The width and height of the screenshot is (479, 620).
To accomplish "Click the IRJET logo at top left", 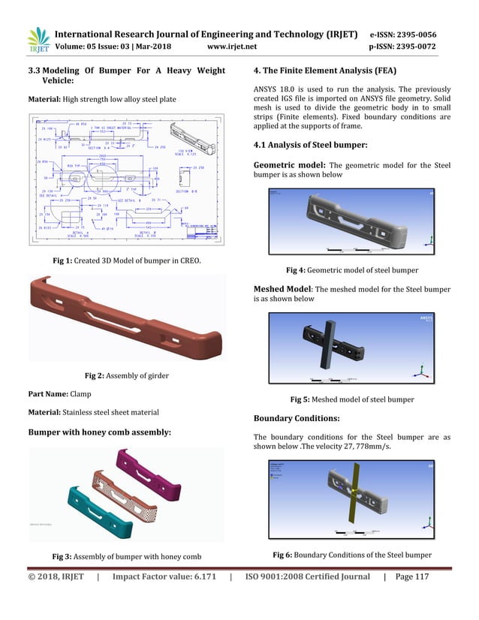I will [38, 41].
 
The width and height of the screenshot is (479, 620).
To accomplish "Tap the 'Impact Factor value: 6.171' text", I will [164, 597].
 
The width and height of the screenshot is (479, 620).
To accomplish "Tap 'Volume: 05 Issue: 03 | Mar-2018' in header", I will [114, 48].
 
